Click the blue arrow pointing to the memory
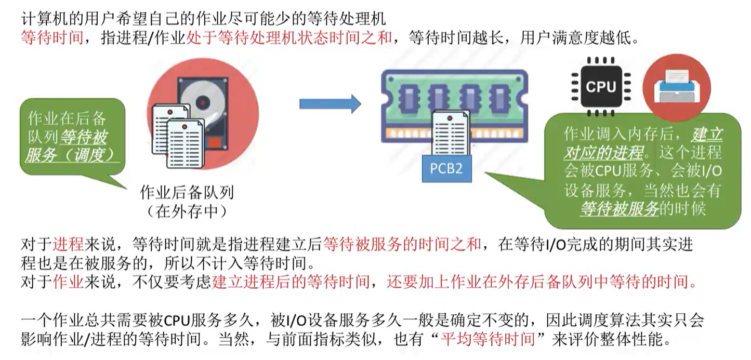[330, 103]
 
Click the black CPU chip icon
[600, 86]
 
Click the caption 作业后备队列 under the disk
[187, 193]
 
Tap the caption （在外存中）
[187, 211]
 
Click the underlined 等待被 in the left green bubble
[84, 137]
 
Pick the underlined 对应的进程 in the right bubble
[603, 153]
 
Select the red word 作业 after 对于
[68, 283]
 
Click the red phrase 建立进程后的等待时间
[291, 283]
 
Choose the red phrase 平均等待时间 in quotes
[487, 340]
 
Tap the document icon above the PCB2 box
[450, 133]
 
